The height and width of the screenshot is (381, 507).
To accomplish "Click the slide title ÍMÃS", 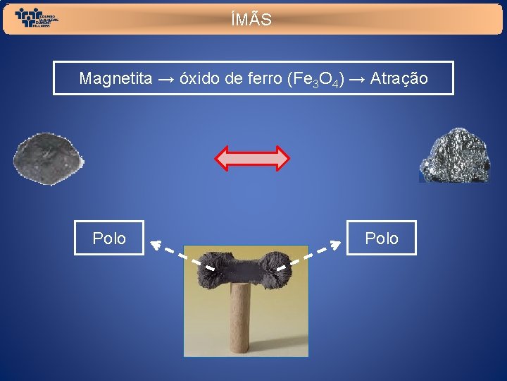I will (x=251, y=20).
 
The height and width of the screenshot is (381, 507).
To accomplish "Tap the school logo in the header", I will (x=37, y=18).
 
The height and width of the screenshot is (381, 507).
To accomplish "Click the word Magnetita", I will (x=115, y=78).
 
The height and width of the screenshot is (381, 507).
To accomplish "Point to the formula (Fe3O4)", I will (x=315, y=79).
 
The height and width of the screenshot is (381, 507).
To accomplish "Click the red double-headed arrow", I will (x=252, y=159).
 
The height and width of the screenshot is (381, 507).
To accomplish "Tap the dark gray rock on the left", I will (x=47, y=158).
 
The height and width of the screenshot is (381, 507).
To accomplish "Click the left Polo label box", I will (x=109, y=238).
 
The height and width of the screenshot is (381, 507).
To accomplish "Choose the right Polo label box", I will (x=381, y=238).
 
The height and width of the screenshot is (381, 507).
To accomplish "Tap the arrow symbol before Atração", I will (x=356, y=78).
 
